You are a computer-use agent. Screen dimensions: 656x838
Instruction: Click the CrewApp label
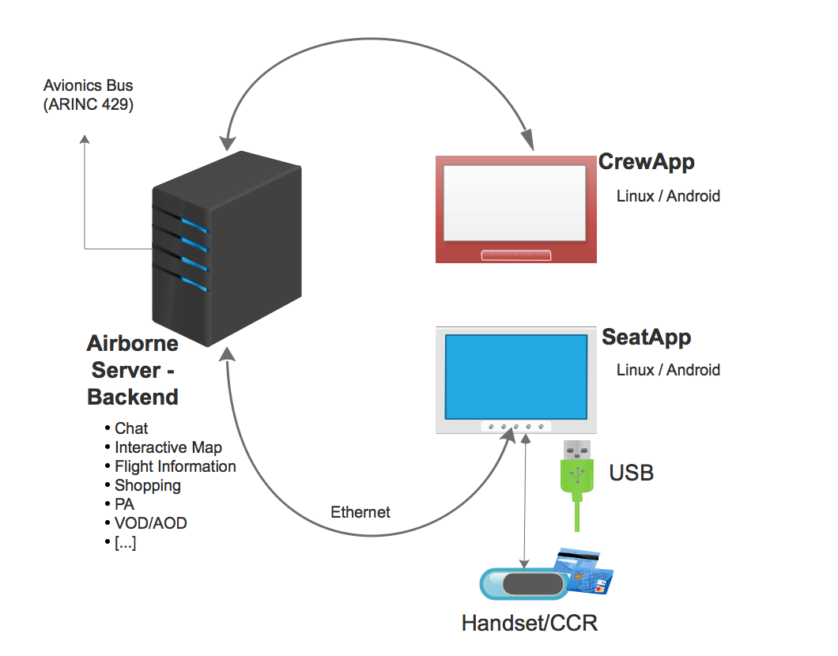[647, 162]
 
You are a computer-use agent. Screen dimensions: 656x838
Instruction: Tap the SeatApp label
[647, 337]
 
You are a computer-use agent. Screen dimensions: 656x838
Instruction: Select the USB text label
[632, 473]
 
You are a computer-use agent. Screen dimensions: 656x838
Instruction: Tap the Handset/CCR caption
[530, 623]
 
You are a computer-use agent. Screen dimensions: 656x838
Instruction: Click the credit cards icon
[585, 571]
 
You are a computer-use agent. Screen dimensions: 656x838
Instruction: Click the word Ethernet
[360, 512]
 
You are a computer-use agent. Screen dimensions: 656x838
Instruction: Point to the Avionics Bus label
[88, 85]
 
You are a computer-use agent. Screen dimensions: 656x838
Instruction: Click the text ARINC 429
[88, 104]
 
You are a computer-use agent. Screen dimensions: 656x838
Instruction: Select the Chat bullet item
[131, 428]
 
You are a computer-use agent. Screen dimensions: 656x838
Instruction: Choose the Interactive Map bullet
[168, 447]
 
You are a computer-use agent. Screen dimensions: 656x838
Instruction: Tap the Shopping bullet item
[148, 485]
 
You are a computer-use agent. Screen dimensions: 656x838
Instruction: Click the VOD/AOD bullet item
[151, 523]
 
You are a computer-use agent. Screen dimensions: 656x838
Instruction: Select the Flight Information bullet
[176, 466]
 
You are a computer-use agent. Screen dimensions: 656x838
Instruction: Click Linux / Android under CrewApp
[668, 196]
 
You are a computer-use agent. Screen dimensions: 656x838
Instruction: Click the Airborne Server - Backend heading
[133, 370]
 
